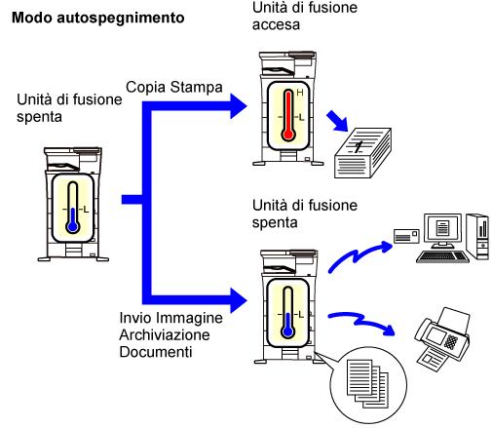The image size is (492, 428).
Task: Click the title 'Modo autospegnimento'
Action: [97, 18]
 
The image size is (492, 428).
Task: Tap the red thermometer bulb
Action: [288, 135]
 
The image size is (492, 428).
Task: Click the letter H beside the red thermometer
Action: [300, 93]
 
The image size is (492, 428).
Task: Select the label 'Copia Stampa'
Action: [174, 87]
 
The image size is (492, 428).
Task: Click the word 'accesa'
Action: [276, 24]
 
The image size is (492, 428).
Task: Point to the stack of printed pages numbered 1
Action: [362, 153]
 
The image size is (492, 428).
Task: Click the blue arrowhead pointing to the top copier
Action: [239, 106]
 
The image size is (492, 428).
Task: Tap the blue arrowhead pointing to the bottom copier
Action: [239, 300]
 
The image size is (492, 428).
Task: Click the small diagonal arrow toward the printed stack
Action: [337, 121]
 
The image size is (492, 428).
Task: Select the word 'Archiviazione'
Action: [165, 334]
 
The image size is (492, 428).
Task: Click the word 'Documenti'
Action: [156, 352]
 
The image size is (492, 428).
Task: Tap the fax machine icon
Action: [442, 339]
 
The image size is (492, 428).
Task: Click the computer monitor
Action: [442, 230]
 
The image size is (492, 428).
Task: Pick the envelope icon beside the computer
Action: [406, 236]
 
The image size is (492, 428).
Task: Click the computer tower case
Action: [477, 237]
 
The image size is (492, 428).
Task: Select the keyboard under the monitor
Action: [442, 256]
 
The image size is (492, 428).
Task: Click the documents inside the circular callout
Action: [367, 383]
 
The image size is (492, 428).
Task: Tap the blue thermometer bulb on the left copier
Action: [73, 226]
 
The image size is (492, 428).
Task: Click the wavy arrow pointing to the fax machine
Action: [361, 323]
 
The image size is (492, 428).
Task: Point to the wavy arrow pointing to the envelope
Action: [360, 256]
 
